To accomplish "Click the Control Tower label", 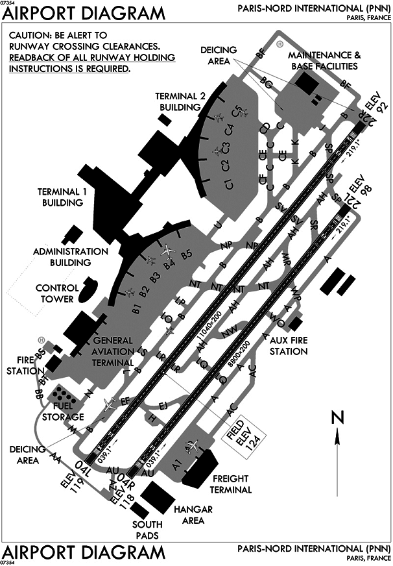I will [57, 293].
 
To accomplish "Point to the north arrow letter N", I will [337, 419].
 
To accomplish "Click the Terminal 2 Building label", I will [181, 101].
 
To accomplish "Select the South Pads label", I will [146, 530].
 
